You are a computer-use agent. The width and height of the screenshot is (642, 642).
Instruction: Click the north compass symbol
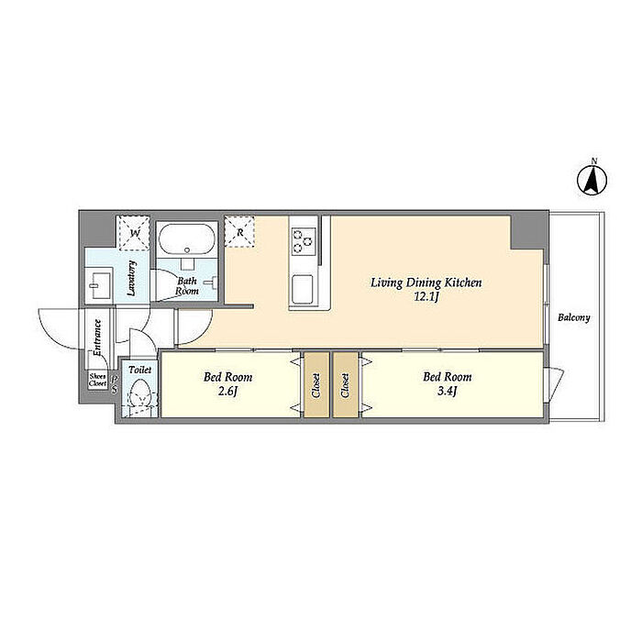coord(592,180)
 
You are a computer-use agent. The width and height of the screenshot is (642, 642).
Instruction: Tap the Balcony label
coord(573,317)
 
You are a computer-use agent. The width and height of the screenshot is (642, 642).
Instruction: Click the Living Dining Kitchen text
coord(426,282)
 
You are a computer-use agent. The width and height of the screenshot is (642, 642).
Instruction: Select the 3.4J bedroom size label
coord(448,391)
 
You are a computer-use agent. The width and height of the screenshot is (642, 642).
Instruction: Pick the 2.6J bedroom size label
coord(227,391)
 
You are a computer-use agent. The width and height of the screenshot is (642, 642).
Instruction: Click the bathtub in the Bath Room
coord(187,239)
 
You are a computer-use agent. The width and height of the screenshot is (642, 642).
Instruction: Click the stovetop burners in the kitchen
coord(303,241)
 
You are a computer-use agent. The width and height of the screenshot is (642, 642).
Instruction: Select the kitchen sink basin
coord(302,289)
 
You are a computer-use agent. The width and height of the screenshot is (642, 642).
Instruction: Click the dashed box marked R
coord(239,232)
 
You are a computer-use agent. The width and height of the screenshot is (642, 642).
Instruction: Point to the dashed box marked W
coord(134,233)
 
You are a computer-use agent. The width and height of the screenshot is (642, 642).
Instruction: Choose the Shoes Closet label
coord(98,381)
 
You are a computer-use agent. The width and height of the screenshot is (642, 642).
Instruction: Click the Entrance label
coord(97,338)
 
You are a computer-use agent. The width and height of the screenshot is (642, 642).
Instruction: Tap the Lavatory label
coord(131,278)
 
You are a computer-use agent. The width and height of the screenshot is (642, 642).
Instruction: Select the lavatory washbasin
coord(98,282)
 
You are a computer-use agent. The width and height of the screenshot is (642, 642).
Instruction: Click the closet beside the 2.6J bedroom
coord(316,385)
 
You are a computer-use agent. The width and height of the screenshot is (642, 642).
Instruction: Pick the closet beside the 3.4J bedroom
coord(345,385)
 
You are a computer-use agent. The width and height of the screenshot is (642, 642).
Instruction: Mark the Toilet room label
coord(140,370)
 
